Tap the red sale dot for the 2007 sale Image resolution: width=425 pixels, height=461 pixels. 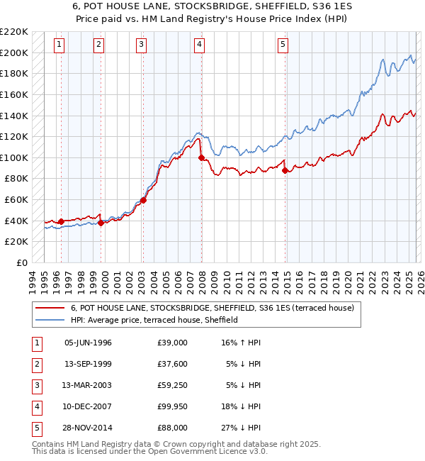(202, 157)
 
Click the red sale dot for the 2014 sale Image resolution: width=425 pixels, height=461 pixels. (285, 170)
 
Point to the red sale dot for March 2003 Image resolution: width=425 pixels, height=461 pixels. (143, 200)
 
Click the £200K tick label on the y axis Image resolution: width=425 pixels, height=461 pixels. (14, 52)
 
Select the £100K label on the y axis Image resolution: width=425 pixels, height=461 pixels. (14, 157)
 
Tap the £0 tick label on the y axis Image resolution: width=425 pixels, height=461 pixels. (21, 262)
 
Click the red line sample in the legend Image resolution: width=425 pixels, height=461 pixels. (50, 308)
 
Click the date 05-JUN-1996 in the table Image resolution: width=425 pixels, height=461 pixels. (88, 343)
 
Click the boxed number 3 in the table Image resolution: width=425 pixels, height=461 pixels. (35, 387)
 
